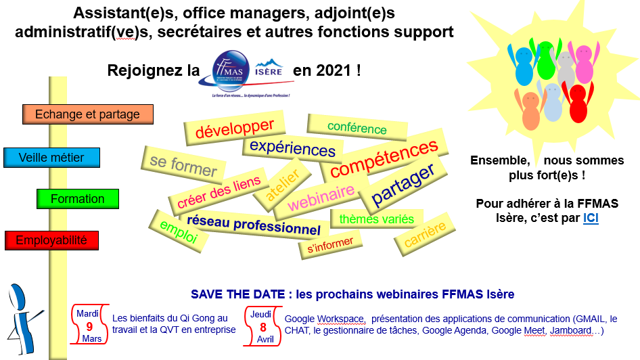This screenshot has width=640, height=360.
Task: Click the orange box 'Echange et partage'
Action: coord(87,114)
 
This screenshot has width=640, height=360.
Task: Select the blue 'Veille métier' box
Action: coord(51,158)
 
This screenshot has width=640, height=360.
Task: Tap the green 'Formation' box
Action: coord(78,199)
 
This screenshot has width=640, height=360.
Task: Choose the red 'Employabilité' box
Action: coord(51,240)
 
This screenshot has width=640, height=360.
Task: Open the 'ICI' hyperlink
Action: coord(591,218)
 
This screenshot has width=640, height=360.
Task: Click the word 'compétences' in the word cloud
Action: coord(384,158)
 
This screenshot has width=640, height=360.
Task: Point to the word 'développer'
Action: coord(235,128)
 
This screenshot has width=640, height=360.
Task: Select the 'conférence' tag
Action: coord(357,127)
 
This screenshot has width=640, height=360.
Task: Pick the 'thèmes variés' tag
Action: coord(376,219)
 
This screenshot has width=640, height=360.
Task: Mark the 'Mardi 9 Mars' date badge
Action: coord(89,325)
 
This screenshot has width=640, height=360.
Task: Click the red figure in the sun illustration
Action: coord(577,102)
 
